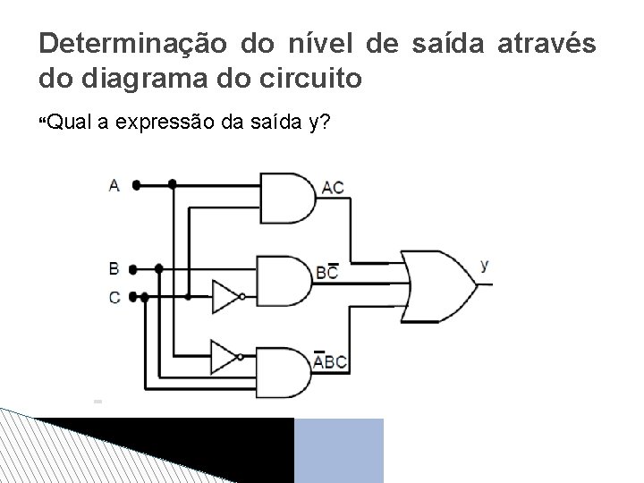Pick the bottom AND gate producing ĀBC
pos(284,371)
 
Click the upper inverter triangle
pos(225,297)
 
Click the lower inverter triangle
pos(225,357)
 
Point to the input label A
pos(114,185)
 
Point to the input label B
pos(114,268)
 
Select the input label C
pos(114,297)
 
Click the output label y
pos(484,265)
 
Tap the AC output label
pos(333,188)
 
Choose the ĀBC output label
pos(330,362)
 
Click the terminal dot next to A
pos(135,185)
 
